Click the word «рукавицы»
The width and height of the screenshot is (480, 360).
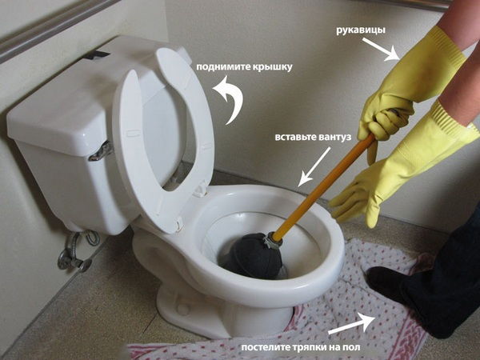coord(361,30)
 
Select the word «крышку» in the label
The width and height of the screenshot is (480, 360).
coord(273,67)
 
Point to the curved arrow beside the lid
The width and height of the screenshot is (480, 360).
coord(232,98)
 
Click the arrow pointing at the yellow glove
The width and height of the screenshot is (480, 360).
coord(382,49)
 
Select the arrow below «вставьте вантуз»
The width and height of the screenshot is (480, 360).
coord(314,166)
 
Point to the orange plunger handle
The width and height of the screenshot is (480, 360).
coord(324,186)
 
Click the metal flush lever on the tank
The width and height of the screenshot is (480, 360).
coord(101,152)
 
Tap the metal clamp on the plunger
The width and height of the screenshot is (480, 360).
coord(273,240)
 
